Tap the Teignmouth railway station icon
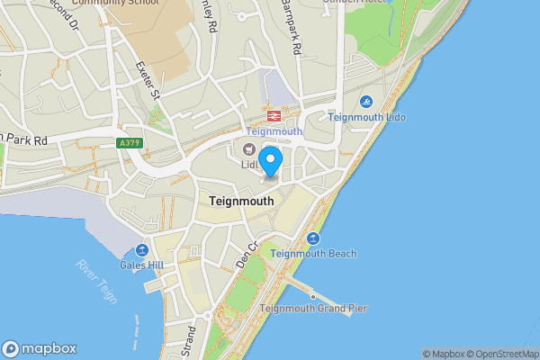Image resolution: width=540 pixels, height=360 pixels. tap(272, 115)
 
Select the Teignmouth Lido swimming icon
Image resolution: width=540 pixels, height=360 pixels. tap(367, 102)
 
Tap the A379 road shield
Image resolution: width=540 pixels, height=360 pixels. tap(130, 143)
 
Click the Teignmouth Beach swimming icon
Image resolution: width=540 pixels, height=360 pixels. tap(313, 238)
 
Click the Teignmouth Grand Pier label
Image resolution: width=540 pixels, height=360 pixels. tap(313, 309)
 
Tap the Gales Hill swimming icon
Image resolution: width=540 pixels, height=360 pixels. tap(141, 250)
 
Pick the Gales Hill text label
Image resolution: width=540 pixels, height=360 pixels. tap(141, 265)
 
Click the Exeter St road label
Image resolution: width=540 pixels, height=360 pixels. tap(147, 80)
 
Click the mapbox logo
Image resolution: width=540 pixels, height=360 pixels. tap(40, 348)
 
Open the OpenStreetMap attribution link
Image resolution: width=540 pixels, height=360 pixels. tap(507, 354)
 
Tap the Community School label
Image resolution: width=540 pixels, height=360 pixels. tap(114, 3)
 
